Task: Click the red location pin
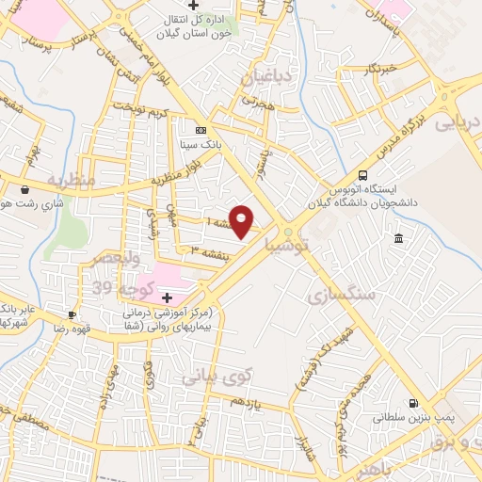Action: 243,220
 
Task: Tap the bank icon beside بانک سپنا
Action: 200,130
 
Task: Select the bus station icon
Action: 363,174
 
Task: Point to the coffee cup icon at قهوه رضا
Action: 72,314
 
